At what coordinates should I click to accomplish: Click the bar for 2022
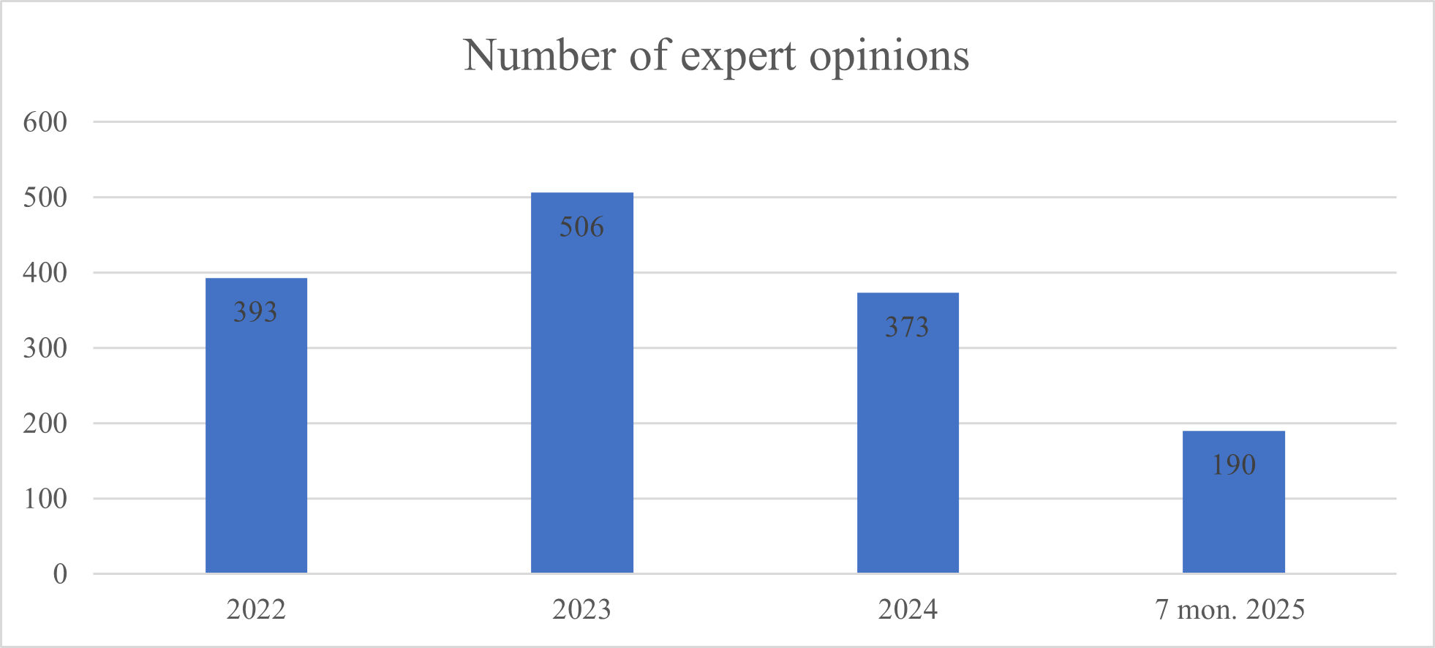[256, 439]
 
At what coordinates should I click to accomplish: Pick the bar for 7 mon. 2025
[1233, 512]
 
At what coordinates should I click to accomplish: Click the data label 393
[255, 312]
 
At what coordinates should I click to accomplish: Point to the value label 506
[581, 227]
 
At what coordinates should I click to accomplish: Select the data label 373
[907, 327]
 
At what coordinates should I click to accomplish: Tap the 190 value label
[1233, 465]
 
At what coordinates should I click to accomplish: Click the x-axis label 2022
[256, 609]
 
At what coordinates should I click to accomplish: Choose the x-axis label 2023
[581, 609]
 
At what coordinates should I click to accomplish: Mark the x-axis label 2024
[908, 609]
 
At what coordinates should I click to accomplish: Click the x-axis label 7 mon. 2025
[1230, 609]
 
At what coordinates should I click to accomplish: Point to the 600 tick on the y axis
[45, 122]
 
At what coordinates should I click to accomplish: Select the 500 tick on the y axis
[45, 197]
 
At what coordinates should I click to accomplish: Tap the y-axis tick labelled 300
[45, 348]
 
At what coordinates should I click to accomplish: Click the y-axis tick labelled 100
[45, 499]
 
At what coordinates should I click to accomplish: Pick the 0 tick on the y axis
[60, 574]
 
